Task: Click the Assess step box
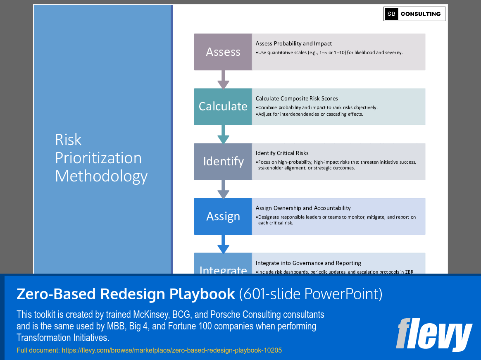coord(223,52)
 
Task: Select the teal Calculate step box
coord(223,107)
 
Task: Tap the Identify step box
coord(223,162)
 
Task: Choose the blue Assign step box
coord(223,217)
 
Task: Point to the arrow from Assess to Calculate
coord(223,80)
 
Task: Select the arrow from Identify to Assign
coord(223,189)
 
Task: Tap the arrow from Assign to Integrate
coord(223,244)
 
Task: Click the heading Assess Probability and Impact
coord(293,43)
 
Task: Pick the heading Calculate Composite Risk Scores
coord(297,98)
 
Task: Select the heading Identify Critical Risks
coord(282,153)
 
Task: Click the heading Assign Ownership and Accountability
coord(303,208)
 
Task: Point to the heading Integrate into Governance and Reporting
coord(308,263)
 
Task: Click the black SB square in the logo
coord(391,14)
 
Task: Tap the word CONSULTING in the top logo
coord(421,14)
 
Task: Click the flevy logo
coord(433,334)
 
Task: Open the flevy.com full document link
coord(171,350)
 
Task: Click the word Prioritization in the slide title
coord(98,158)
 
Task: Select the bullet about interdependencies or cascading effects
coord(310,114)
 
